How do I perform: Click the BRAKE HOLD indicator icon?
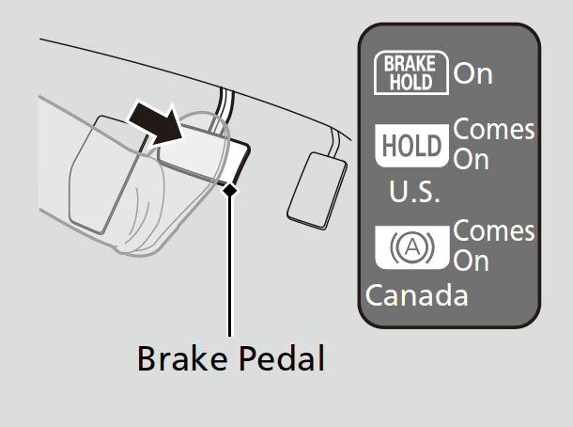tap(411, 72)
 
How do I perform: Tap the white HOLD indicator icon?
tap(411, 145)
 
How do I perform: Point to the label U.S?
tap(413, 194)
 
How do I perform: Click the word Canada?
tap(416, 295)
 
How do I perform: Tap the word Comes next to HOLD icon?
tap(494, 130)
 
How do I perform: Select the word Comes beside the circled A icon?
tap(494, 231)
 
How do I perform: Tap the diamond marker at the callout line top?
tap(228, 189)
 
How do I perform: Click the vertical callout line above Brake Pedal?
tap(228, 263)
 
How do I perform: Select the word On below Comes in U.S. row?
tap(472, 160)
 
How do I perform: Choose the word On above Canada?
tap(472, 261)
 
